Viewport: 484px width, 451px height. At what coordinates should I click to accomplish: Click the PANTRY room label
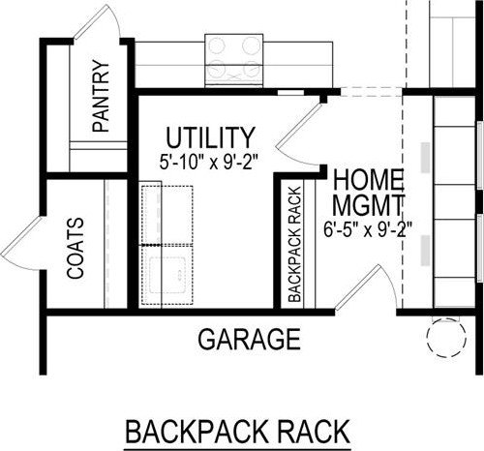(101, 96)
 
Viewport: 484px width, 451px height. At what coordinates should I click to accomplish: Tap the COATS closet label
(76, 248)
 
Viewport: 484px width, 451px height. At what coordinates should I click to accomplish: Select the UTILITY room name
(210, 137)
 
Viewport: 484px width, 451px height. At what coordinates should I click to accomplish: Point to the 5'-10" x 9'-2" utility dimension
(209, 162)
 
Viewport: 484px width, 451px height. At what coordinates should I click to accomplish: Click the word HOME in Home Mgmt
(368, 181)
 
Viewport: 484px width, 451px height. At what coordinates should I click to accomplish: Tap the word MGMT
(368, 205)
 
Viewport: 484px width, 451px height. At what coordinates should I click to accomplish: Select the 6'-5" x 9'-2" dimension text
(368, 229)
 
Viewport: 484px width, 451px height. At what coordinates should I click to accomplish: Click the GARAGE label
(249, 339)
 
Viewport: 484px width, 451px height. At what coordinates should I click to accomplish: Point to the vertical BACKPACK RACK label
(295, 244)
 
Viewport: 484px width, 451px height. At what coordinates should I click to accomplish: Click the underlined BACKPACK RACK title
(238, 432)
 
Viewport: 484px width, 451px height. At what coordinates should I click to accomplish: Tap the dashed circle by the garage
(446, 337)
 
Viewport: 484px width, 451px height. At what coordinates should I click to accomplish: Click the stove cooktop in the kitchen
(234, 60)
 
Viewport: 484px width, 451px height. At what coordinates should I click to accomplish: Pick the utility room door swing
(297, 133)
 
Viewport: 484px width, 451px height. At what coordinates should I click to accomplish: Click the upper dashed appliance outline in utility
(167, 215)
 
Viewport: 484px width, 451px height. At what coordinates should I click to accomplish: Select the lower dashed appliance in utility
(167, 275)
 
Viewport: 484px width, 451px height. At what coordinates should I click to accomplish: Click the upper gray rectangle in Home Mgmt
(425, 158)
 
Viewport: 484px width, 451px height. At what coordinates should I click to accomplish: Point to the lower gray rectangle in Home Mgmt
(425, 251)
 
